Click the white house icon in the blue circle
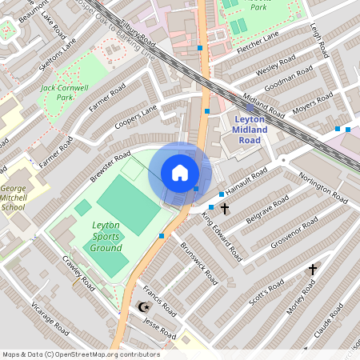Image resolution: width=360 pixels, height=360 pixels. tap(180, 173)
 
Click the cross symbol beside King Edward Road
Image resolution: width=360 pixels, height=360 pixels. tap(225, 209)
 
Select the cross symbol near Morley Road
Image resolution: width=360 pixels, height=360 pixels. tap(313, 270)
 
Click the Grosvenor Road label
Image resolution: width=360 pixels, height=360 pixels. tap(294, 232)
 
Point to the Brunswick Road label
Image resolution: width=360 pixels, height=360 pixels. tap(199, 265)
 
